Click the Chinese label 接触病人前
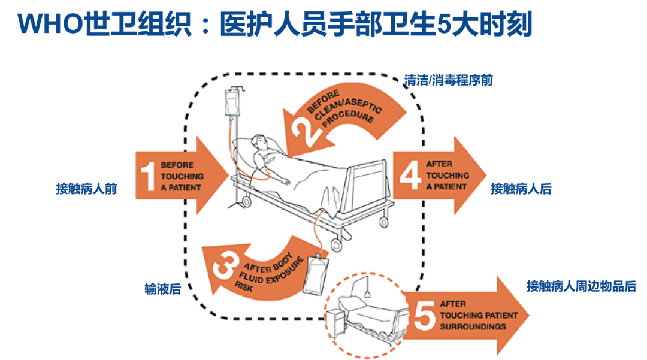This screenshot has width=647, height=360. [x=86, y=189]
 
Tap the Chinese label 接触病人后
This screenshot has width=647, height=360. [x=521, y=189]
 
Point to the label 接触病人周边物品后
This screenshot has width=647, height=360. [x=581, y=286]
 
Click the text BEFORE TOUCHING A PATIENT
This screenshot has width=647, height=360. [x=182, y=176]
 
